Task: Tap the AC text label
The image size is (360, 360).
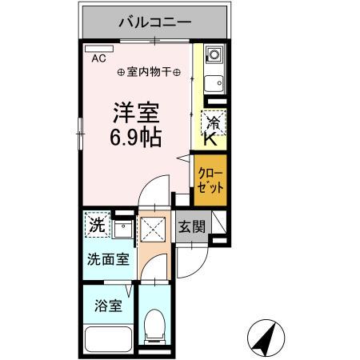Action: [98, 58]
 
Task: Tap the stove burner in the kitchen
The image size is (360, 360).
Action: [214, 56]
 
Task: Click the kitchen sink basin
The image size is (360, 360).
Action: [214, 83]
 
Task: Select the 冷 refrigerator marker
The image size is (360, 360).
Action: [214, 122]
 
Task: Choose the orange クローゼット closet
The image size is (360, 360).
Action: [210, 182]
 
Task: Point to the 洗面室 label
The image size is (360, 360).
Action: [106, 258]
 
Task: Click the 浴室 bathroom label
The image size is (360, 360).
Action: [107, 306]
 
